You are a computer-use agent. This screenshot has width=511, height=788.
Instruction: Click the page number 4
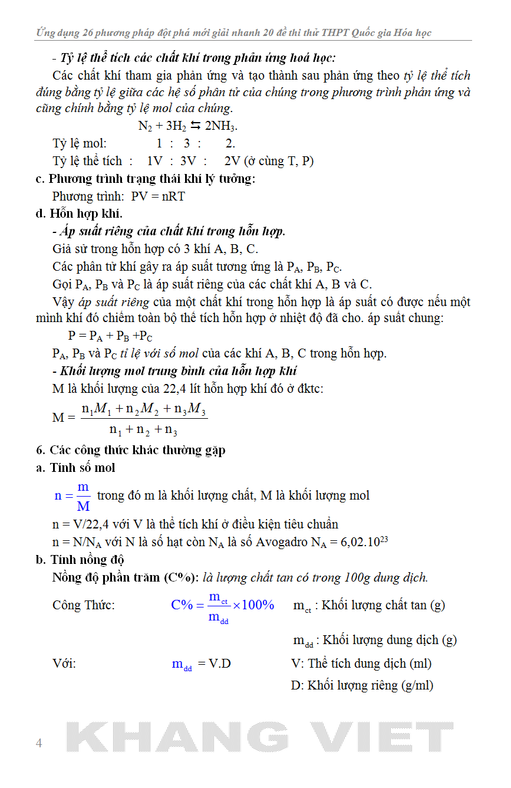click(39, 743)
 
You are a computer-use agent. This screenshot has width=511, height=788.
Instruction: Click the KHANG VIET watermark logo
click(259, 737)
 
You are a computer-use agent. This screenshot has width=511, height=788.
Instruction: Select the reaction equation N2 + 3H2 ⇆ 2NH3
click(187, 126)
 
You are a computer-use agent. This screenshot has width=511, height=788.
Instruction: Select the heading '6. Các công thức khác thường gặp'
click(131, 450)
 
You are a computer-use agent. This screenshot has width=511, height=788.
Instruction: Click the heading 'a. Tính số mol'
click(75, 468)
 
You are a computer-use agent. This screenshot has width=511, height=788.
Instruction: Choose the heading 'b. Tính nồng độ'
click(80, 560)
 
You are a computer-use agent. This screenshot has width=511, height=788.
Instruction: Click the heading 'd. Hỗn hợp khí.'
click(79, 214)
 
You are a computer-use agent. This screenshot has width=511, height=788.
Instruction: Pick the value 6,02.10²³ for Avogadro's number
click(364, 541)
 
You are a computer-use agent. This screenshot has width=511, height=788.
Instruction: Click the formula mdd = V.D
click(201, 664)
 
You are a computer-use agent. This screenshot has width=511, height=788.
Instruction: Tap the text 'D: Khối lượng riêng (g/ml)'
click(362, 685)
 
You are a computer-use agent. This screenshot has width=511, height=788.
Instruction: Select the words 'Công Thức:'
click(84, 605)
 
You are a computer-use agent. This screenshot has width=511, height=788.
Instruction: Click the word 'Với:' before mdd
click(64, 664)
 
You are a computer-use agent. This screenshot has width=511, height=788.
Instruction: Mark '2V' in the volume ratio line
click(232, 161)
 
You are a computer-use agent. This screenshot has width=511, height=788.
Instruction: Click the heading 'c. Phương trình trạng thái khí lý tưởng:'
click(146, 179)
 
